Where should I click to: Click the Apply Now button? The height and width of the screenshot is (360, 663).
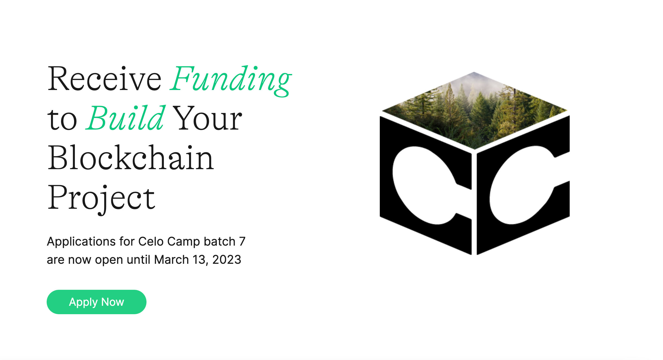tap(97, 302)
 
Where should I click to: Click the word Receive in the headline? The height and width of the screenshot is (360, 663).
tap(104, 79)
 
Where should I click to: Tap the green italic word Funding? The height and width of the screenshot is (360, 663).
tap(231, 79)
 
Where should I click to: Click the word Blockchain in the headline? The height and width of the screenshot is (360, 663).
tap(131, 158)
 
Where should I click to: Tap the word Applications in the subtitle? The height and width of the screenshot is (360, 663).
tap(81, 242)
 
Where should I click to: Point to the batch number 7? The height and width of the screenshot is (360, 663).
tap(242, 242)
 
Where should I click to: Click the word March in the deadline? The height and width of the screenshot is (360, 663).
tap(171, 260)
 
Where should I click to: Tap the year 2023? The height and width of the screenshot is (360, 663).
tap(227, 260)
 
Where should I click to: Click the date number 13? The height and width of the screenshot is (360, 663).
tap(199, 260)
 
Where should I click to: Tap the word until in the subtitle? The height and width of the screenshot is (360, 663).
tap(138, 260)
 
